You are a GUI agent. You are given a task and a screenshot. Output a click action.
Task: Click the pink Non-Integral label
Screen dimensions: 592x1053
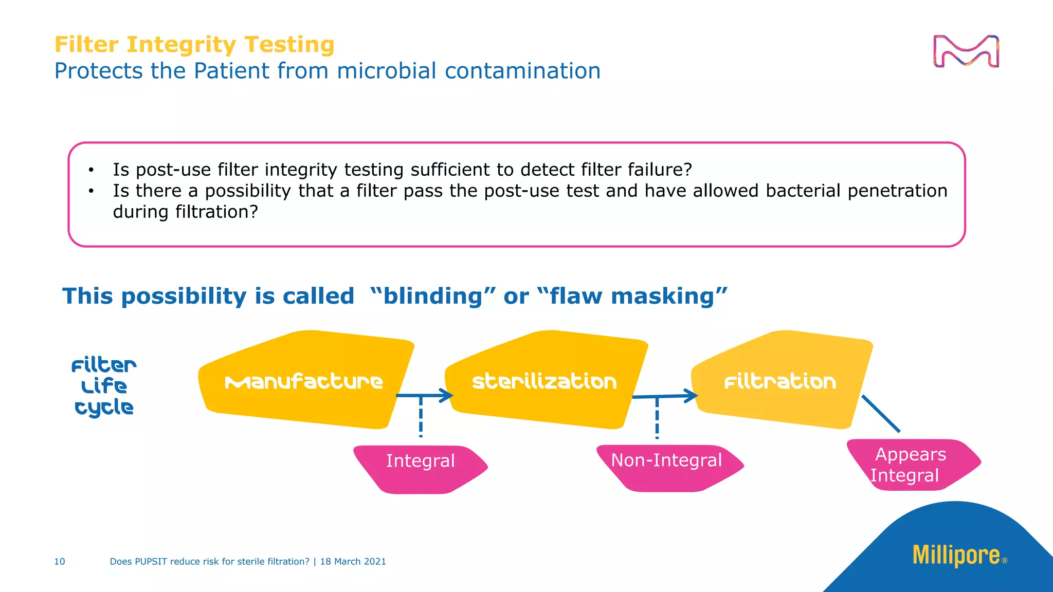[x=666, y=461]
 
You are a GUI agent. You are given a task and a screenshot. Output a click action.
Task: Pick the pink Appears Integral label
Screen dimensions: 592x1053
[x=910, y=465]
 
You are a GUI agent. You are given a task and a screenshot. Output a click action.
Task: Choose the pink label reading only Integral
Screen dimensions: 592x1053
[x=420, y=461]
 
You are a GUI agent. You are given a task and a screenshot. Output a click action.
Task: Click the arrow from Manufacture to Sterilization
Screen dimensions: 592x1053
[x=425, y=396]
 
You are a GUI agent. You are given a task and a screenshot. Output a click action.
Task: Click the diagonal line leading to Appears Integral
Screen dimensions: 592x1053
[x=881, y=414]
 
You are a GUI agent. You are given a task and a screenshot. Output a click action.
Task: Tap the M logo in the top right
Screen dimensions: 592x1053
[x=966, y=51]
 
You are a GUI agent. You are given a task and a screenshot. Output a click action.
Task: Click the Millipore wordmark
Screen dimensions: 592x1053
[x=956, y=556]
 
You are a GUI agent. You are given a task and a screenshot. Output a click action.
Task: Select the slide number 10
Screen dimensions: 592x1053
[x=60, y=562]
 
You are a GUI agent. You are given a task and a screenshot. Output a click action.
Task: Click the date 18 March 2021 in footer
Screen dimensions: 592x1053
[x=353, y=562]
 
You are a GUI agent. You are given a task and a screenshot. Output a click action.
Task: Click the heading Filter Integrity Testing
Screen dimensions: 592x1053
[x=194, y=45]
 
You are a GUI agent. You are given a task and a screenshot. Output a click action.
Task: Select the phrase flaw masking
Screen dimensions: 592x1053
[x=632, y=297]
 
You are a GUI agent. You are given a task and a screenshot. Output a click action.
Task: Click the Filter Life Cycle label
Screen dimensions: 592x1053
[x=104, y=386]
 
